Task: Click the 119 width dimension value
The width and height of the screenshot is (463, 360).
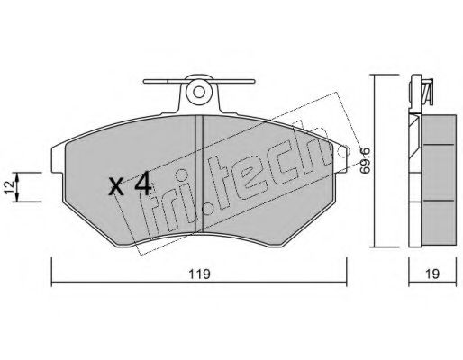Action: pos(199,274)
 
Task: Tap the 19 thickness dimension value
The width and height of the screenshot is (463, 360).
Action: pos(432,274)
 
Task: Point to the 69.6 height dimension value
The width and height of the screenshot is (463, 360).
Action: pos(365,160)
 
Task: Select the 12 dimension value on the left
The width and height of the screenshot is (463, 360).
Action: pos(9,187)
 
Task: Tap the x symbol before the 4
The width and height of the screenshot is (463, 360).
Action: pos(116,186)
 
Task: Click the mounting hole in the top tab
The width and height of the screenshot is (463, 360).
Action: pos(198,93)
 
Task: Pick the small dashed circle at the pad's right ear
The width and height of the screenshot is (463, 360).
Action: pos(342,151)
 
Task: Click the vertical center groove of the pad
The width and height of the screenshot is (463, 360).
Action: pos(199,174)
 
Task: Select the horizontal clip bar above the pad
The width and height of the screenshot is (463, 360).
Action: pos(199,81)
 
